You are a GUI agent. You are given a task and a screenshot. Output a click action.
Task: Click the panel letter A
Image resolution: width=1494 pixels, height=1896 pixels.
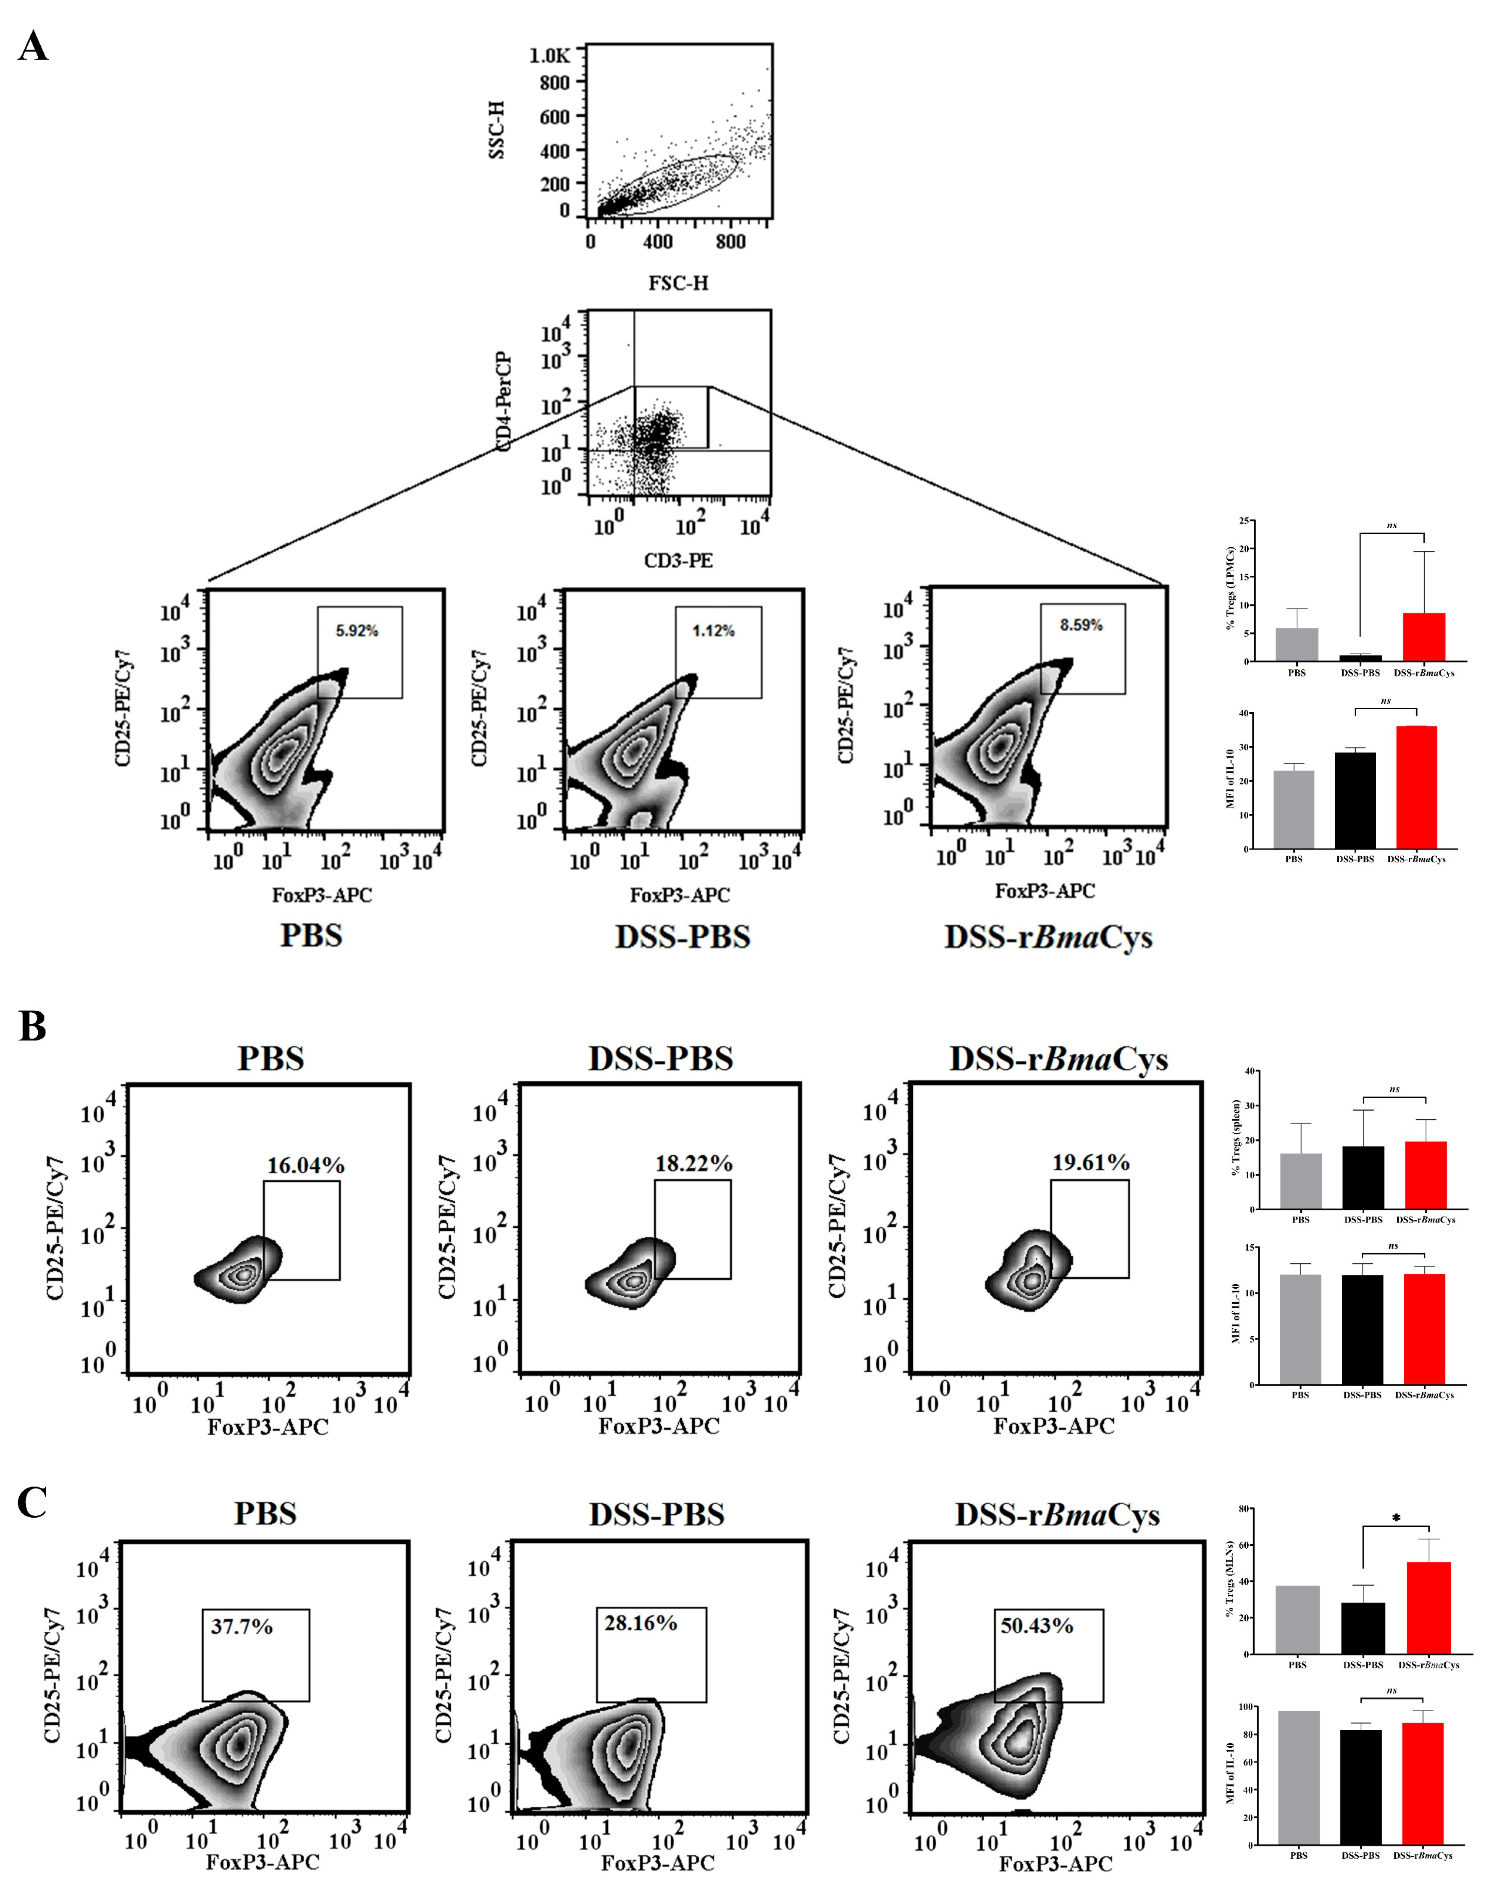pyautogui.click(x=33, y=46)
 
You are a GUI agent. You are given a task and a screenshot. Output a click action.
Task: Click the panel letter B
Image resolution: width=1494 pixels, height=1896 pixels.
pyautogui.click(x=32, y=1026)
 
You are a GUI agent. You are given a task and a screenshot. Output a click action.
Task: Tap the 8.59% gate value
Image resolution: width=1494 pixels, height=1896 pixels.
pyautogui.click(x=1081, y=625)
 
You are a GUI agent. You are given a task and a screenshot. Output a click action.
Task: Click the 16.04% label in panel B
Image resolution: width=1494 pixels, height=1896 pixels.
pyautogui.click(x=305, y=1165)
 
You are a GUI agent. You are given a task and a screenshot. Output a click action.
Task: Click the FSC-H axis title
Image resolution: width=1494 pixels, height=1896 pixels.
pyautogui.click(x=679, y=283)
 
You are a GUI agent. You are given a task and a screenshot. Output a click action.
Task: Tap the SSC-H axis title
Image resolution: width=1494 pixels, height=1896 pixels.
pyautogui.click(x=497, y=129)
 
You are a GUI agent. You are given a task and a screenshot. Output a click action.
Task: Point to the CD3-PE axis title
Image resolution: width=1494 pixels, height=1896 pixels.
pyautogui.click(x=679, y=560)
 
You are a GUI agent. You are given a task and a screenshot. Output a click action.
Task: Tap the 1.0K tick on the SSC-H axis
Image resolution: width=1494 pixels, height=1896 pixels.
pyautogui.click(x=549, y=56)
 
